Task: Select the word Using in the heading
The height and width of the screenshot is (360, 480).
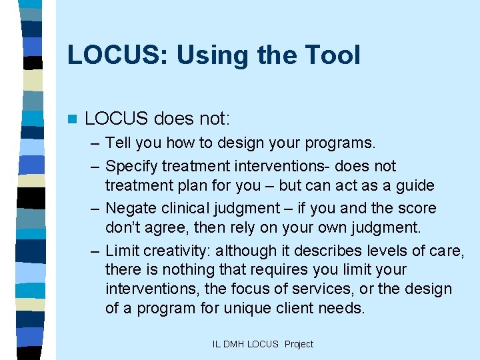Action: click(206, 55)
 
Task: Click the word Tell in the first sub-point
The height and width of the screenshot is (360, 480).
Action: click(117, 143)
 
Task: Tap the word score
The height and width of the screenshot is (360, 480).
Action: click(417, 208)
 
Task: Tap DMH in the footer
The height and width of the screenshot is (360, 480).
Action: click(234, 344)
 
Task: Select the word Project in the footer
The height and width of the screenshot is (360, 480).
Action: click(299, 344)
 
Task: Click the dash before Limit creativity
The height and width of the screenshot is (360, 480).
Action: click(96, 251)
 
